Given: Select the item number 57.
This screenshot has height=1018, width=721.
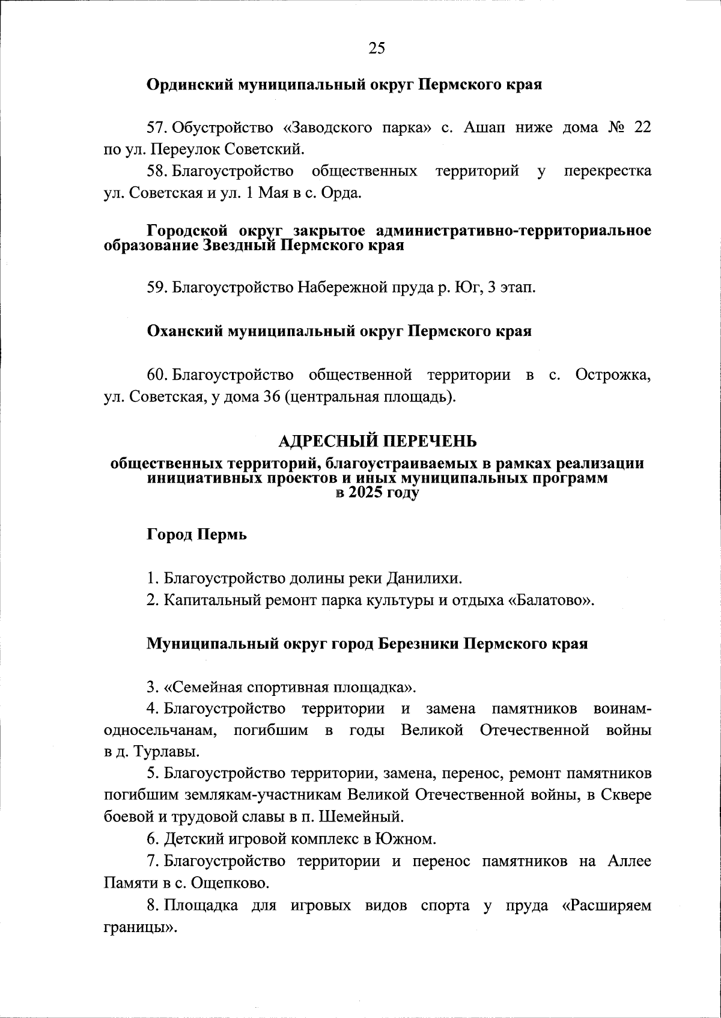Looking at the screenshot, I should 158,127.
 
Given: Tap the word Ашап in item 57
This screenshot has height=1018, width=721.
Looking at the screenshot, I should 485,127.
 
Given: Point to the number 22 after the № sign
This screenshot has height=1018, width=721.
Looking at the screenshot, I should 642,127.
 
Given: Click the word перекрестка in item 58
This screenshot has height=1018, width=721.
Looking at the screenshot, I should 607,171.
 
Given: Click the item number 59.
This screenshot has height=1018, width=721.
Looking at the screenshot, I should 158,287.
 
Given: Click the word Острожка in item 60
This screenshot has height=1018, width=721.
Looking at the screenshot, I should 612,375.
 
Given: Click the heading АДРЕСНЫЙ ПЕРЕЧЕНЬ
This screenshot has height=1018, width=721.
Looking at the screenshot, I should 377,442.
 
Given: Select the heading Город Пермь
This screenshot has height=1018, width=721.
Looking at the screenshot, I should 196,534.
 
